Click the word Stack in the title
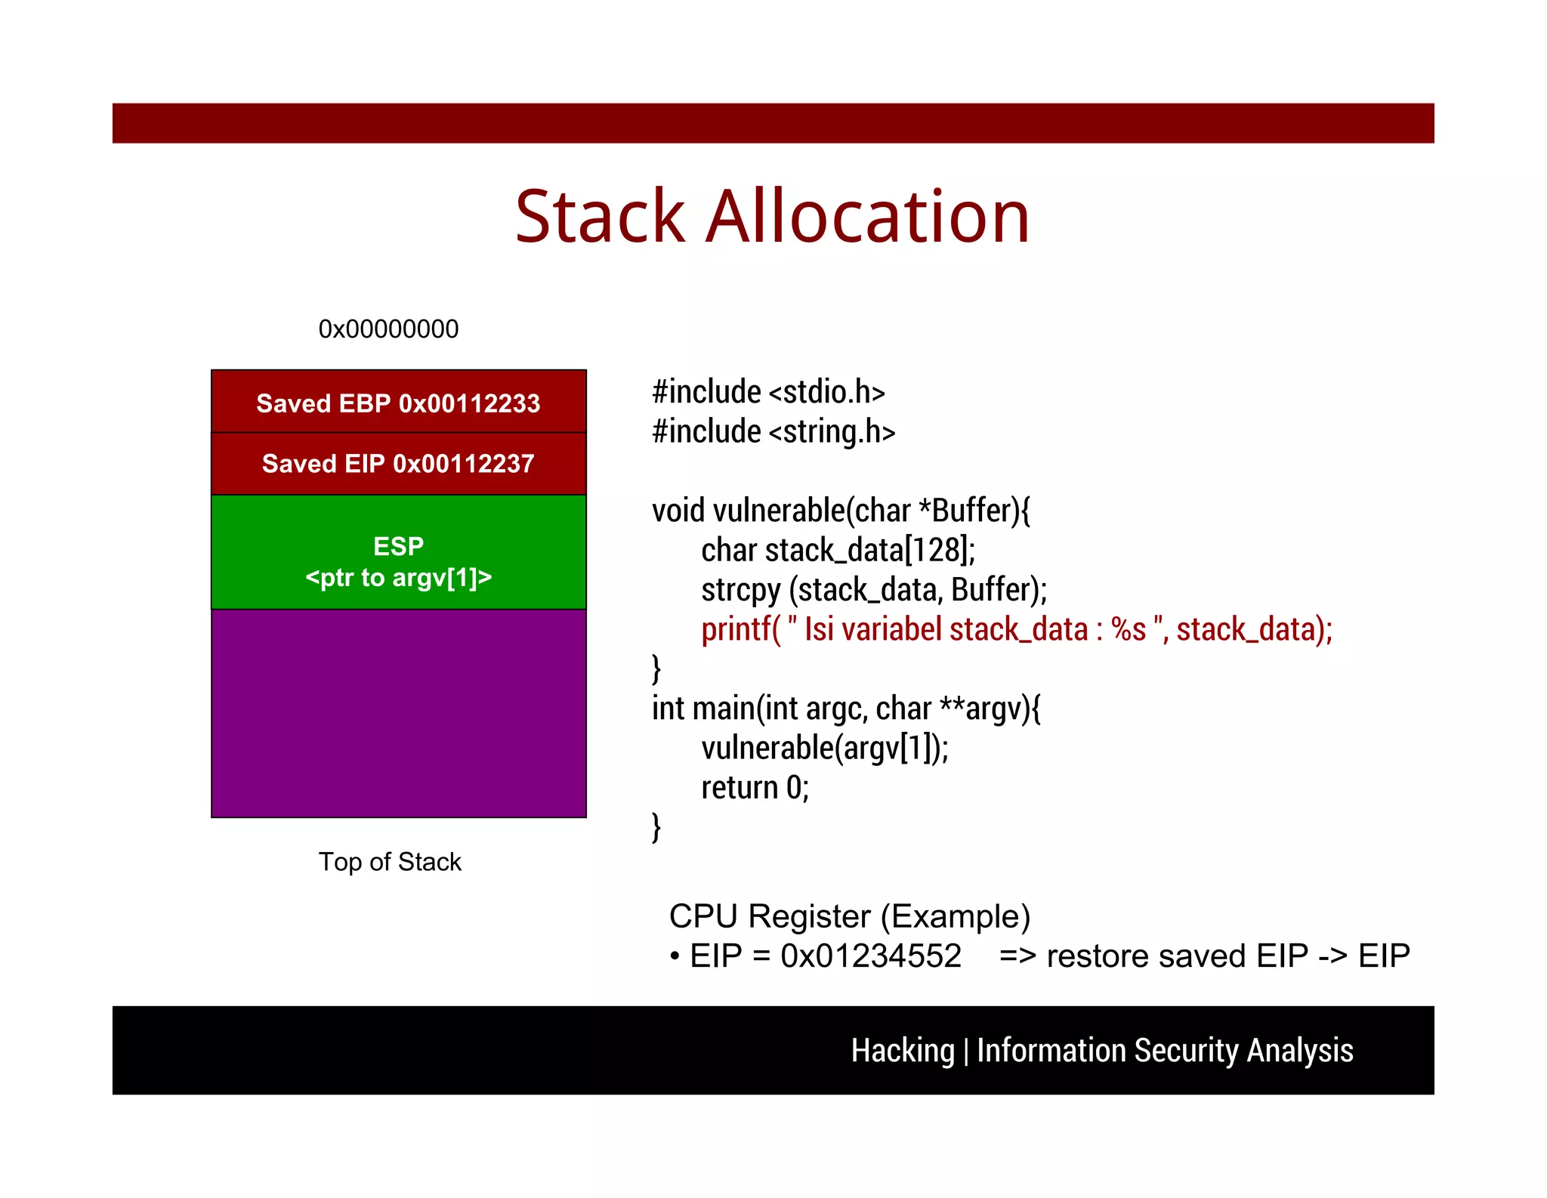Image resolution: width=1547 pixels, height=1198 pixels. [600, 218]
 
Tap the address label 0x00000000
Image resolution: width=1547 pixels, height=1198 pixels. [388, 329]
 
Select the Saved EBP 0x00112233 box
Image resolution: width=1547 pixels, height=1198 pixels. [398, 403]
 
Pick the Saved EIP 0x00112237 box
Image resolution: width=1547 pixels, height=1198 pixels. [398, 463]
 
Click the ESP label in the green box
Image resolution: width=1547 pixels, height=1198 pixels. [398, 545]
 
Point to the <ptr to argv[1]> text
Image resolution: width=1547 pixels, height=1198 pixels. [398, 578]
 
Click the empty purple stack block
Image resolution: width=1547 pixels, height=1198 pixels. [398, 713]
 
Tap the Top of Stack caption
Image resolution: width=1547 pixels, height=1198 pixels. [389, 862]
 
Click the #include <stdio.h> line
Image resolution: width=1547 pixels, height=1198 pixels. [768, 392]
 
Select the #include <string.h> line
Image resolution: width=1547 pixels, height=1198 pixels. [773, 431]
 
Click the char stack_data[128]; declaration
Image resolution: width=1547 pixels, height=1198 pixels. [838, 550]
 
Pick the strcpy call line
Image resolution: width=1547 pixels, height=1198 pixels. [874, 590]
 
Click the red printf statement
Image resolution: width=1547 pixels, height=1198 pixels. [1016, 629]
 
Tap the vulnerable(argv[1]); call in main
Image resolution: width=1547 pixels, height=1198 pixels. [824, 748]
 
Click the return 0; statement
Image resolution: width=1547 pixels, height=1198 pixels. [755, 788]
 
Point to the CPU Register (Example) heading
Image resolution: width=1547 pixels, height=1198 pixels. [849, 916]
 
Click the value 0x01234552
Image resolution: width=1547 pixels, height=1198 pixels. [871, 956]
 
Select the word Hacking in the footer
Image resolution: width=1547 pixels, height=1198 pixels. [903, 1051]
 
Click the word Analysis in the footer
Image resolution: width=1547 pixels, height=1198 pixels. [1299, 1051]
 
